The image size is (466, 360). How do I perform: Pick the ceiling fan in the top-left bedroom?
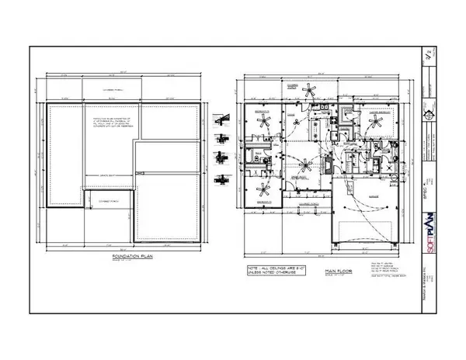click(265, 122)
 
